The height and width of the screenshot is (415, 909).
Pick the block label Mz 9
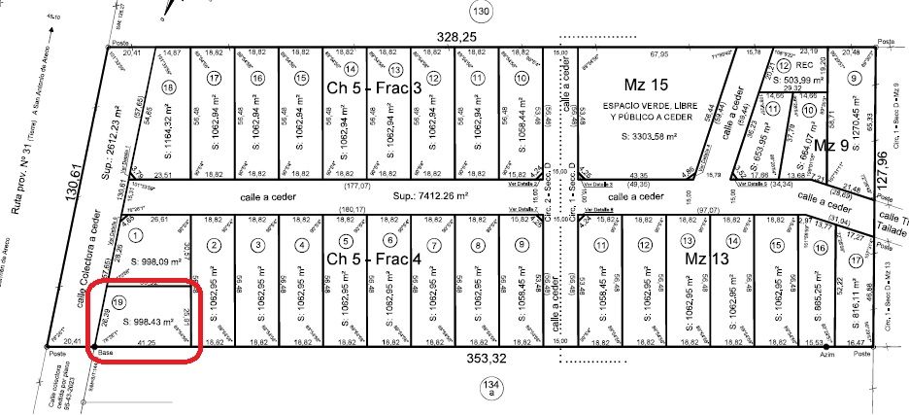(831, 145)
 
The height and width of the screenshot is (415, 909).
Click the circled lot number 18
(170, 86)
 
